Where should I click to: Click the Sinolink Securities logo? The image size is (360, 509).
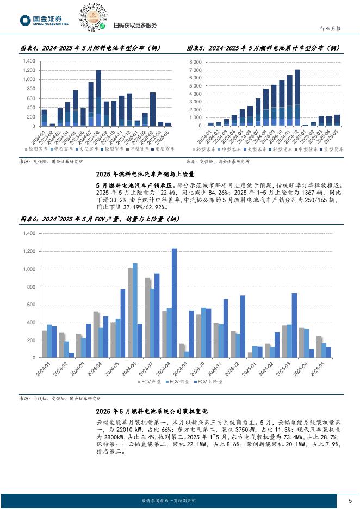pos(45,21)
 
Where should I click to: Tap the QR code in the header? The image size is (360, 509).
pos(92,17)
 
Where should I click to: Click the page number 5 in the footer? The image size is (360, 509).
pos(350,500)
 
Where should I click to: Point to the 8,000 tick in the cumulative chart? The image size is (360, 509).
pos(195,63)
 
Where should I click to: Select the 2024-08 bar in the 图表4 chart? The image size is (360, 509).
pos(98,98)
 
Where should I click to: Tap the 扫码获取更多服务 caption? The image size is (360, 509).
pos(135,26)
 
